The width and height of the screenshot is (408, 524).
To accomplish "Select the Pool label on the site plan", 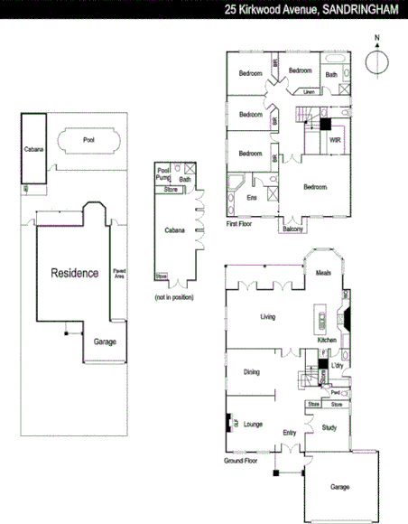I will [88, 141].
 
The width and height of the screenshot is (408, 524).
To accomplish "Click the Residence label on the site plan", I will [74, 273].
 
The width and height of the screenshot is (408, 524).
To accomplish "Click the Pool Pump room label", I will [163, 174].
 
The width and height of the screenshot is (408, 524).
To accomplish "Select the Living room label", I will [267, 317].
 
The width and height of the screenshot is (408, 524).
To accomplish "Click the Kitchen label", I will [327, 340].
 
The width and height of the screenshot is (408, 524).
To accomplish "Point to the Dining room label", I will [253, 371].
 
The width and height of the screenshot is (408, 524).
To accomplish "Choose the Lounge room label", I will [254, 423].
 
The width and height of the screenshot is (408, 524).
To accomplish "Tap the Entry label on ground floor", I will [289, 433].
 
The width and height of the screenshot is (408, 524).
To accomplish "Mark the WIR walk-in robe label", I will [334, 141].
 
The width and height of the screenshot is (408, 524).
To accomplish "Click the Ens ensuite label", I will [252, 196].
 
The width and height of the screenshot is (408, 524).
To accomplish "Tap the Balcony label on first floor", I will [292, 229].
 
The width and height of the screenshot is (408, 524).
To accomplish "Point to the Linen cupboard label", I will [309, 91].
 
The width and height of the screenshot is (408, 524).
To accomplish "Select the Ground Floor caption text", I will [241, 461].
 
